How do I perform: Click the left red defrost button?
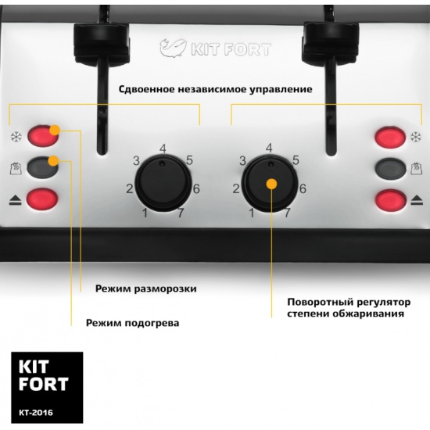[x=43, y=136]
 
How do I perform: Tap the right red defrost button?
[x=390, y=137]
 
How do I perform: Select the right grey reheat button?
[x=390, y=168]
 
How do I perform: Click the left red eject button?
[x=42, y=199]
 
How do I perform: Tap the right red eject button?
[x=391, y=200]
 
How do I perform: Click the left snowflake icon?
[x=16, y=137]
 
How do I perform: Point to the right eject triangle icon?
[x=417, y=200]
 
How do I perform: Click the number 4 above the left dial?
[x=163, y=149]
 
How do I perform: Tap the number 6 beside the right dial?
[x=303, y=188]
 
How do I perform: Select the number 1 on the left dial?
[x=145, y=213]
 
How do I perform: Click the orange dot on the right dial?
[x=271, y=184]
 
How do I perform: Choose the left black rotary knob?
[x=163, y=183]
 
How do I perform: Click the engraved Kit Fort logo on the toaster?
[x=216, y=48]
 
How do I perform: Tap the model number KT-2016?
[x=36, y=413]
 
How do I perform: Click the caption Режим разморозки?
[x=146, y=288]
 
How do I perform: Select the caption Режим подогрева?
[x=133, y=323]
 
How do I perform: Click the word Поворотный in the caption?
[x=320, y=303]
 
